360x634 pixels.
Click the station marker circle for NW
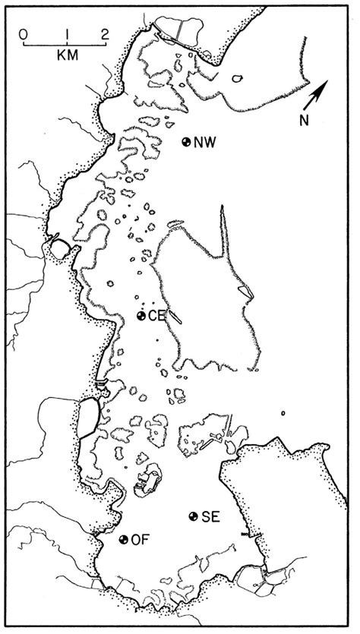click(x=187, y=141)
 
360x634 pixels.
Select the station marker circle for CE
click(x=141, y=316)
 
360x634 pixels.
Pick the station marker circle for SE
click(x=194, y=516)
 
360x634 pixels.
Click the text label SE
click(x=210, y=517)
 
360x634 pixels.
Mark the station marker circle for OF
click(x=124, y=540)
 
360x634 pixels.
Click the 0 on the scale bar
click(x=25, y=33)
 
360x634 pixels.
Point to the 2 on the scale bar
click(x=105, y=33)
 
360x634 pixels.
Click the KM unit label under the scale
click(x=67, y=57)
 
